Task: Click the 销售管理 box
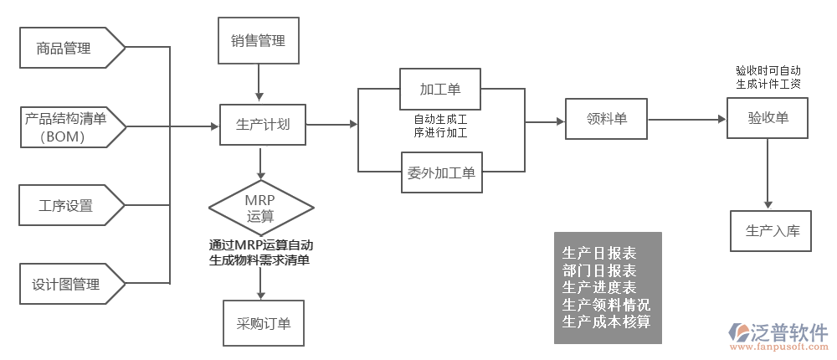pos(258,40)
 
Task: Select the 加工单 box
pos(440,88)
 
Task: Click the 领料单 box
pos(607,119)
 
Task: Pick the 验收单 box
pos(768,118)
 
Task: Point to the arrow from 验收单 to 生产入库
pos(767,175)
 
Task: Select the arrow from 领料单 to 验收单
pos(686,120)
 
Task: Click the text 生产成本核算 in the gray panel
pos(607,321)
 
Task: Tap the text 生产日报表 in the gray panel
pos(598,254)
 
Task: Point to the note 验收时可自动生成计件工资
pos(768,78)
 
